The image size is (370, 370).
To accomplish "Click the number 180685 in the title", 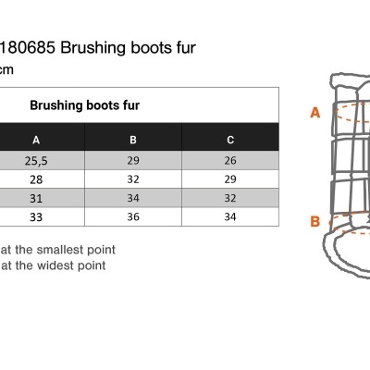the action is point(28,48).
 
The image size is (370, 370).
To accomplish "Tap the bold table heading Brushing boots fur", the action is point(85,105).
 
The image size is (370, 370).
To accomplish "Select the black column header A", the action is point(36,141).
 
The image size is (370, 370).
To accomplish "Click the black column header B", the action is point(133,140).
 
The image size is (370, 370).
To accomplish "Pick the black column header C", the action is point(230,140).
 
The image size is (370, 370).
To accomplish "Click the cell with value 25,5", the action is point(36,161).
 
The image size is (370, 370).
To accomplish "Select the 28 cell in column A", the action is point(36,179).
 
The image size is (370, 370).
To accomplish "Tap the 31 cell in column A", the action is point(36,198).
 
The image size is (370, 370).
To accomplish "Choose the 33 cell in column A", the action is point(36,217).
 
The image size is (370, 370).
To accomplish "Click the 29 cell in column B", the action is point(133,160).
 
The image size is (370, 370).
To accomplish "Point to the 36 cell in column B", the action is point(133,216).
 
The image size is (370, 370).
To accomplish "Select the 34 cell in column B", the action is point(133,198).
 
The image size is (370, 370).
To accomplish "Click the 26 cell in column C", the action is point(230,160).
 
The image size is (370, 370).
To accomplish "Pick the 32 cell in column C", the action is point(230,198).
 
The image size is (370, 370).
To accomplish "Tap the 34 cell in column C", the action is point(230,216).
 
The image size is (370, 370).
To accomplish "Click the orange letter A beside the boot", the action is point(315,113).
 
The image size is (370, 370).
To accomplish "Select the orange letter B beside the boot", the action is point(315,221).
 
